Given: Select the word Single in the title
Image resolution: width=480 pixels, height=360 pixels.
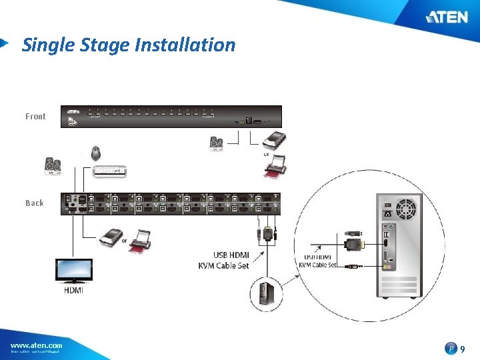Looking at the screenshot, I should click(43, 45).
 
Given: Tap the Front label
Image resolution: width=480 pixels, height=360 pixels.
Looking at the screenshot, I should click(35, 117).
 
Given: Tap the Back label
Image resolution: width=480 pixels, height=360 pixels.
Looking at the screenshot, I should click(35, 203).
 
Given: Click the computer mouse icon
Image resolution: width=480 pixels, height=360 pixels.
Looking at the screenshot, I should click(96, 152).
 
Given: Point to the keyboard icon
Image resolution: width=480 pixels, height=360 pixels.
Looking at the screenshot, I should click(110, 171).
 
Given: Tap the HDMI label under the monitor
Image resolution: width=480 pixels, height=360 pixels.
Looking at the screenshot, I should click(74, 290).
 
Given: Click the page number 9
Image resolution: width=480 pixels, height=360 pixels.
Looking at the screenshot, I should click(463, 348).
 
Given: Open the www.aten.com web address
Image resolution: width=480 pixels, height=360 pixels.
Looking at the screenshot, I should click(36, 345).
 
